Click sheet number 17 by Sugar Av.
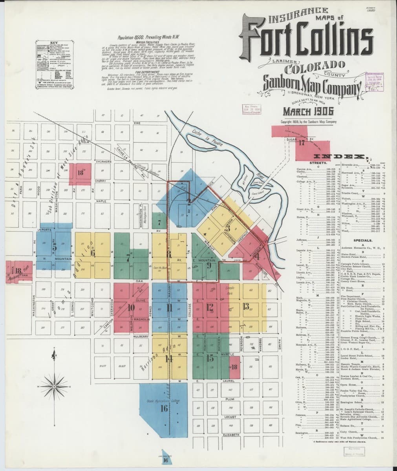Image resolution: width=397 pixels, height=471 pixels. [x=302, y=142]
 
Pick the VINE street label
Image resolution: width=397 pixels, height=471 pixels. [x=137, y=123]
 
